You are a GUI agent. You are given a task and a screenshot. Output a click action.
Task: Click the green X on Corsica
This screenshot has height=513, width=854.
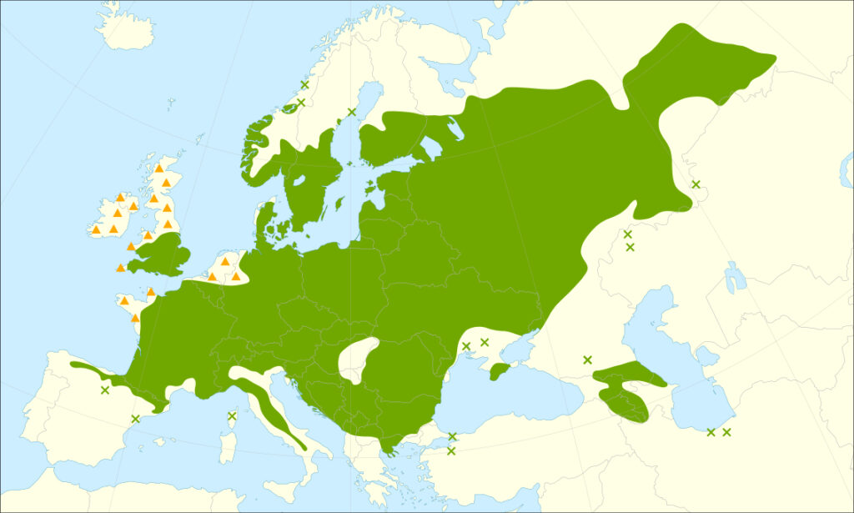click(232, 415)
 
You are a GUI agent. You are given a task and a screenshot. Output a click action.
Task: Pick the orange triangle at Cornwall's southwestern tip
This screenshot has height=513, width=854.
click(121, 268)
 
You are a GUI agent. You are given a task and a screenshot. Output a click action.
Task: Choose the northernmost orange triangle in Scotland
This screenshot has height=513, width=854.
click(158, 168)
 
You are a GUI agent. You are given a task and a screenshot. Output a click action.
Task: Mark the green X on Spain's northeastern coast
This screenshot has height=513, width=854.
click(135, 418)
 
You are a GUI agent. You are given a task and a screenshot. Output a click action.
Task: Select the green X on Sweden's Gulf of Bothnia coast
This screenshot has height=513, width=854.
click(351, 112)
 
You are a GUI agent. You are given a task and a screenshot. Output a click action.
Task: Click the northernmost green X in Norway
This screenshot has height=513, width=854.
click(305, 84)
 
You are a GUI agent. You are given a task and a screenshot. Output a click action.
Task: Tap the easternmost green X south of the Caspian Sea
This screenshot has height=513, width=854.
click(726, 432)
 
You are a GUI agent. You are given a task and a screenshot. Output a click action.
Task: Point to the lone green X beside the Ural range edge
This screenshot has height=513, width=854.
click(696, 184)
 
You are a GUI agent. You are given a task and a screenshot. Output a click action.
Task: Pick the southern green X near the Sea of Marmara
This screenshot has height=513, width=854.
click(451, 451)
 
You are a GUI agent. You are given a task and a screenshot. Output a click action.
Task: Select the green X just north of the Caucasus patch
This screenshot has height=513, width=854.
click(587, 360)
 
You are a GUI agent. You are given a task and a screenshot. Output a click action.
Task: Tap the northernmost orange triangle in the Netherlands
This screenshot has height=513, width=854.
click(224, 261)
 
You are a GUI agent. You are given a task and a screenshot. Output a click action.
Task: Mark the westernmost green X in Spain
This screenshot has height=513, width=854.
click(104, 390)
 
